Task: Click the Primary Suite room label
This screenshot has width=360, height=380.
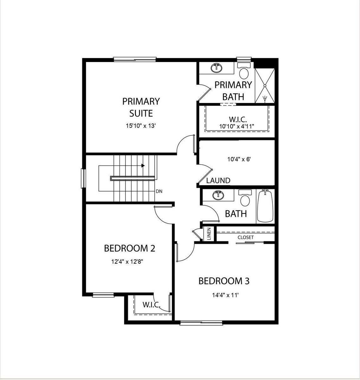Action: tap(141, 107)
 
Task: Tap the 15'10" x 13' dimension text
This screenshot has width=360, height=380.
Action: tap(141, 126)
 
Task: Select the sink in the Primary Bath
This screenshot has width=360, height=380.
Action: tap(217, 68)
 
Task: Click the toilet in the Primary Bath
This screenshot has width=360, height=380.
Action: tap(244, 72)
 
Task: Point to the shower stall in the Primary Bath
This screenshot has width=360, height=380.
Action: tap(265, 85)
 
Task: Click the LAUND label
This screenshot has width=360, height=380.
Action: tap(218, 180)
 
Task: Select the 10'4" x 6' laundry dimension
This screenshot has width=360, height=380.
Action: tap(239, 159)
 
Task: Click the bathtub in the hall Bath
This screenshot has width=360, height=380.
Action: tap(265, 206)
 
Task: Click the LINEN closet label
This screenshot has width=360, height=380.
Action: tap(209, 234)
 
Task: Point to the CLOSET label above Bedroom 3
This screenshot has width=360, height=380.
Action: tap(246, 237)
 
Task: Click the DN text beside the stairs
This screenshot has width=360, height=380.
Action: tap(159, 191)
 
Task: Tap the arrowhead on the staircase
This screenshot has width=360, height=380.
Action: tap(143, 165)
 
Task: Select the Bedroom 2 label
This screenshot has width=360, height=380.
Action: tap(129, 248)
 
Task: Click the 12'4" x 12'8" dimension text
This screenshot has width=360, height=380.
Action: tap(129, 262)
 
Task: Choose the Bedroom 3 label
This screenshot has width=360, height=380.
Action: tap(224, 281)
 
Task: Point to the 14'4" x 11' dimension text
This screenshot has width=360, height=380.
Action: tap(225, 295)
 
